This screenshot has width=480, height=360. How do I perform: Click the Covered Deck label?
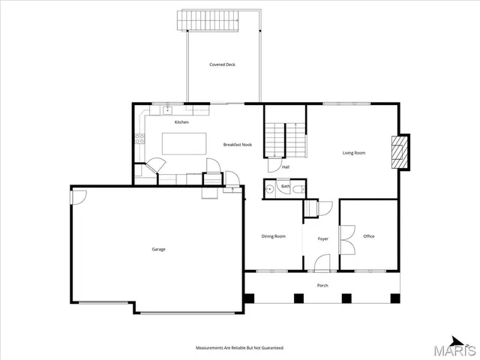coord(222,65)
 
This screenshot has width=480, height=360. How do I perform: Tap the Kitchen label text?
coord(181,122)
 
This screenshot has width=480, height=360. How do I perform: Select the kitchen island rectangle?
coord(184,143)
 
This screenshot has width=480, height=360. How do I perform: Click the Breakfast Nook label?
coord(237,145)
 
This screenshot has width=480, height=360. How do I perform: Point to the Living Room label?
coord(354,153)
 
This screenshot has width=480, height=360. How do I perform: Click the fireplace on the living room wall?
coord(401,152)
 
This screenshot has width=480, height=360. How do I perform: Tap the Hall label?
coord(286,167)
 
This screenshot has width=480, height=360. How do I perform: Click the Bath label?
coord(286,187)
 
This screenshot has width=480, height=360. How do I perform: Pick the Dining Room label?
coord(273,236)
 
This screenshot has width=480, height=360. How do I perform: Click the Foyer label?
coord(322,238)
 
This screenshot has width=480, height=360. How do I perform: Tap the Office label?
coord(369,236)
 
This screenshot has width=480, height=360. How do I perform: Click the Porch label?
coord(322,285)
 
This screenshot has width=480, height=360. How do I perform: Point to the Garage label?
coord(158,249)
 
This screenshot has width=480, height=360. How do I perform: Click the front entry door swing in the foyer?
coord(322,262)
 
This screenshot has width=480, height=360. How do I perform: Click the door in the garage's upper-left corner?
coord(79,196)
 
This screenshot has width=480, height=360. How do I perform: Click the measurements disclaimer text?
coord(240,348)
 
